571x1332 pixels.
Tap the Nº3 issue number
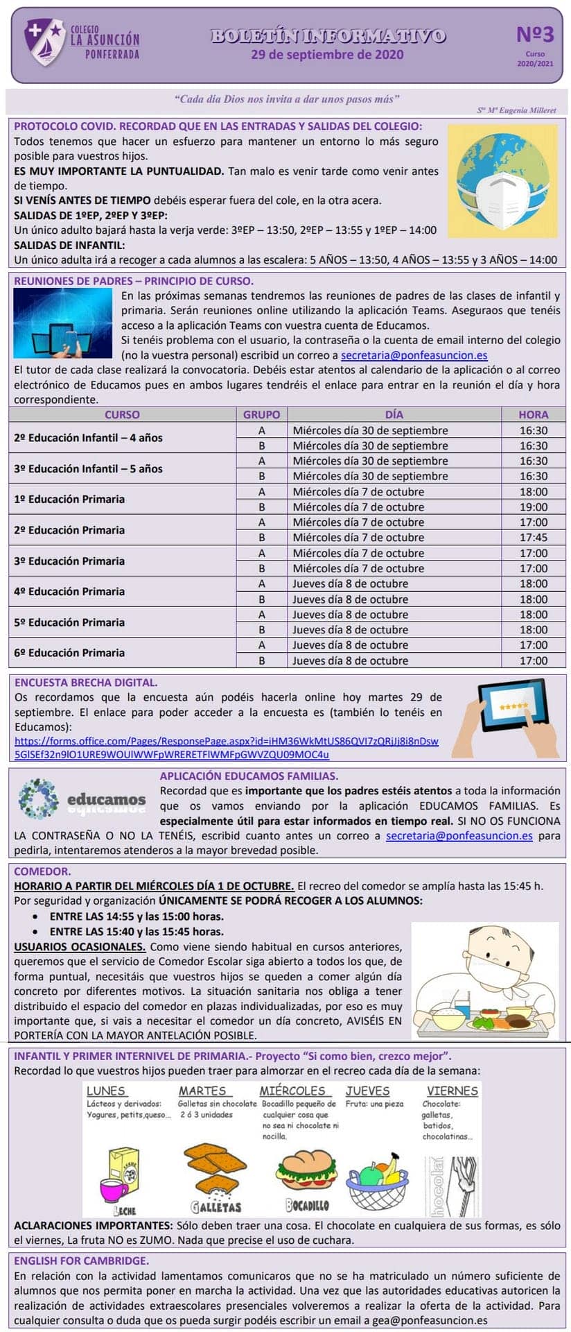[535, 35]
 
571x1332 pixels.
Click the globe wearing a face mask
[502, 181]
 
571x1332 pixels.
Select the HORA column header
[533, 414]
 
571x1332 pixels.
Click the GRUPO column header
[261, 414]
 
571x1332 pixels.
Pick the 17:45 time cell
[533, 538]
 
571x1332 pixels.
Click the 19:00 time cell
[533, 507]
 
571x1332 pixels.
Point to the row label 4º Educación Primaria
[69, 592]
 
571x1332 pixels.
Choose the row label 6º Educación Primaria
[69, 653]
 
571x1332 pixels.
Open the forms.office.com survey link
[226, 748]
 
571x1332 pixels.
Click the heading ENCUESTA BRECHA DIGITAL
[86, 683]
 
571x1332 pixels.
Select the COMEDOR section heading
[42, 871]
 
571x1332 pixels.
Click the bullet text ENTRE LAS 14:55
[137, 916]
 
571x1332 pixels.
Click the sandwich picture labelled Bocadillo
[306, 1172]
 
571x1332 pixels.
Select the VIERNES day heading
[453, 1091]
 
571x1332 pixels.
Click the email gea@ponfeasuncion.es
[430, 1321]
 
